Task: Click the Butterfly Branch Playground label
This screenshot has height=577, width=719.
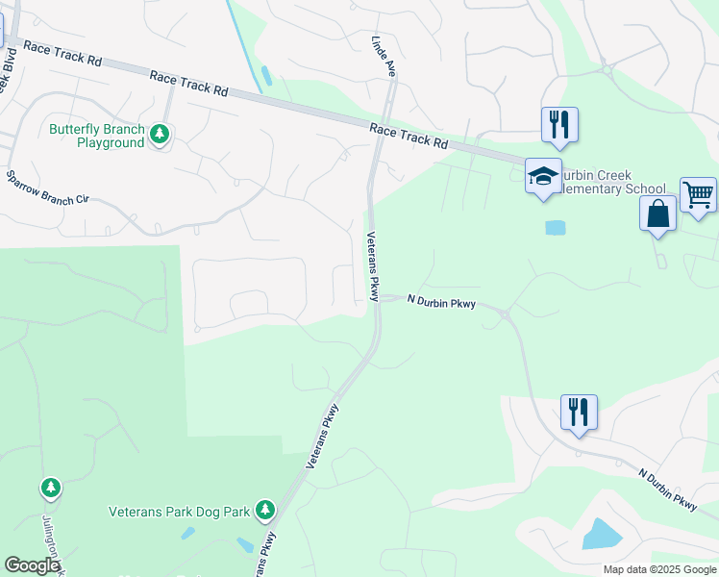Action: (97, 136)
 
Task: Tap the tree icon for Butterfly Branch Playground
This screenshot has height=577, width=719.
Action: (161, 136)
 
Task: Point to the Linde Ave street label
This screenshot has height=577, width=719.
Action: (384, 55)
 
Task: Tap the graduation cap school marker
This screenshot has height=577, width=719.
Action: (543, 177)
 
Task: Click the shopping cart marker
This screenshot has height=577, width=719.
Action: (698, 194)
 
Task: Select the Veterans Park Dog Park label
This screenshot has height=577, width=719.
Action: (179, 511)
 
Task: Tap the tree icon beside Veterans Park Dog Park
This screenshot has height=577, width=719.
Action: (265, 510)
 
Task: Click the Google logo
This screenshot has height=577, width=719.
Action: (32, 565)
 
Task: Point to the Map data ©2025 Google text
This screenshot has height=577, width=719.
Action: (659, 569)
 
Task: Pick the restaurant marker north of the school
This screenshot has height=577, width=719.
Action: (559, 124)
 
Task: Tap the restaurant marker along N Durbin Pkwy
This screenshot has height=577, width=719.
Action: (579, 412)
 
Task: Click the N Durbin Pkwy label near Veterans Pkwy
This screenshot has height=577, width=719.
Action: (441, 301)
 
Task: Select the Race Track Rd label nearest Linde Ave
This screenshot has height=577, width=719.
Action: (409, 136)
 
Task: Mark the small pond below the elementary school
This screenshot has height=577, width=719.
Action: (555, 228)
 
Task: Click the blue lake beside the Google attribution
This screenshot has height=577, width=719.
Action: (600, 533)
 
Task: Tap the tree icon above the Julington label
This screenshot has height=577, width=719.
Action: (50, 489)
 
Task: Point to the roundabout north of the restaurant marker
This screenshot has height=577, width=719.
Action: (606, 69)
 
